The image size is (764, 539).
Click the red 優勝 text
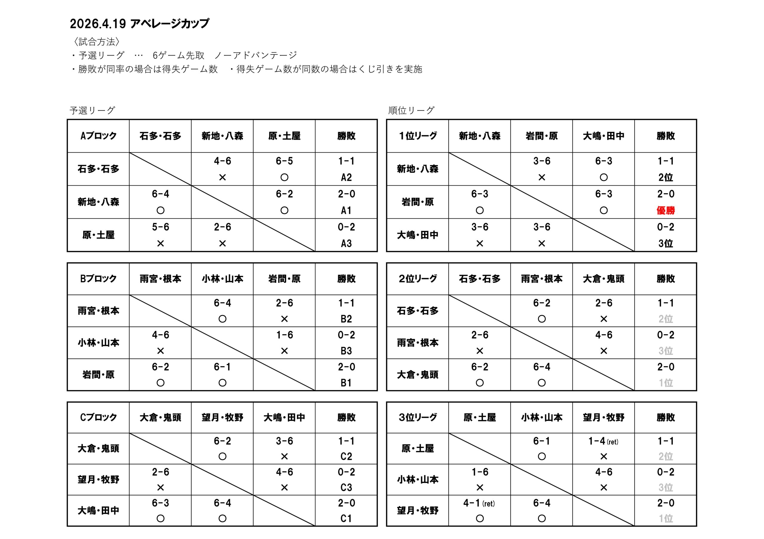(x=666, y=210)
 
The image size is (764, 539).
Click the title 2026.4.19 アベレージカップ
(x=139, y=24)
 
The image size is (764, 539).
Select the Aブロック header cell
(x=98, y=136)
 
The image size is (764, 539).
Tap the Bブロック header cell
(x=98, y=279)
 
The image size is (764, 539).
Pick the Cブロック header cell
(x=98, y=417)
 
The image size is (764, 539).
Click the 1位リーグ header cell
(x=418, y=136)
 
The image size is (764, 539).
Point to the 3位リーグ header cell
(x=418, y=417)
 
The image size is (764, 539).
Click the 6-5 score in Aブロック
(x=284, y=161)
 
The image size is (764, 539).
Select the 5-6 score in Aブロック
(x=160, y=227)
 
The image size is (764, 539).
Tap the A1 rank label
(x=346, y=210)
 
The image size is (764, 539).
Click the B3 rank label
(x=346, y=351)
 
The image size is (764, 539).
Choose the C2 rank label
(x=346, y=456)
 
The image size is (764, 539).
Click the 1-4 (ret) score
(x=603, y=441)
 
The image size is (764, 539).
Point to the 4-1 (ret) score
(x=479, y=503)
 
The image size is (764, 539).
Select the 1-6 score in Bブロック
(x=284, y=335)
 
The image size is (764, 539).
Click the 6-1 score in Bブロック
(x=222, y=367)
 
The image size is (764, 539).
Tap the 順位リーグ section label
(x=411, y=110)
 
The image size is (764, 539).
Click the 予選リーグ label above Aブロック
(x=93, y=110)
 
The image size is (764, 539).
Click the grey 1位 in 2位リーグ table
(x=666, y=383)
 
